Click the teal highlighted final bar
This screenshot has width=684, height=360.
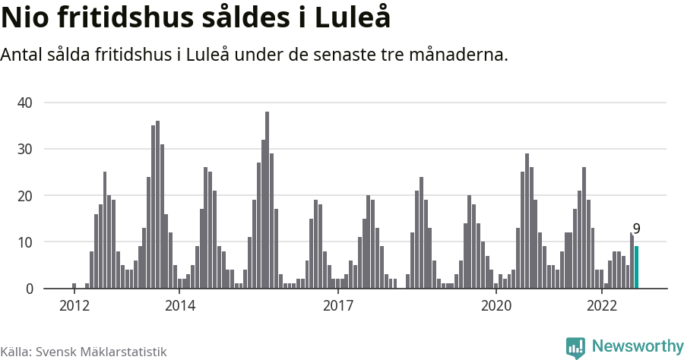(637, 267)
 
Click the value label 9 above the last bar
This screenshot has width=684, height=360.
(636, 229)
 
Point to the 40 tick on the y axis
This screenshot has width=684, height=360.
(27, 102)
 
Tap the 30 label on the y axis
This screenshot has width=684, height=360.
(27, 149)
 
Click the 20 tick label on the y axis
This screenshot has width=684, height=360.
(27, 195)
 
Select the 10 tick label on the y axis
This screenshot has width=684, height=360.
(27, 242)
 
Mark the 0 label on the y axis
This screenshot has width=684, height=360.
(30, 289)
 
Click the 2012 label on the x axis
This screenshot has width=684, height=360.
(74, 305)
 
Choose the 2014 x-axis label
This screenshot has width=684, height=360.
(179, 305)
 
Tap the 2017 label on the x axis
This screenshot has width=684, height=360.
(338, 305)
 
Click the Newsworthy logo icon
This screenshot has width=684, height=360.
(575, 347)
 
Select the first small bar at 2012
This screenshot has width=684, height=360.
(74, 286)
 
